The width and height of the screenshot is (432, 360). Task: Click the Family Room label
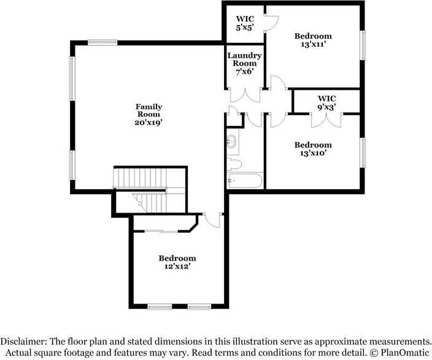coord(148,111)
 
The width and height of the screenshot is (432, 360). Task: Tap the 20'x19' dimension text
coord(148,122)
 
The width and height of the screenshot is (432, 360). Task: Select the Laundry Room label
coord(244,60)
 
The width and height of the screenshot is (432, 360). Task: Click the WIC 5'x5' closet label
coord(245,23)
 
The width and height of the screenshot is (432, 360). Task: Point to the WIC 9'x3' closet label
coord(326,103)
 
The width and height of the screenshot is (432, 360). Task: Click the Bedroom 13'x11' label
coord(313,40)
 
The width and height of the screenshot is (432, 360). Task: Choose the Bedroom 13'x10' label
coord(313,149)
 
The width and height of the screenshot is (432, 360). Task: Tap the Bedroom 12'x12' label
coord(177,262)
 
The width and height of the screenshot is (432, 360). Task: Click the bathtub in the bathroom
coord(245,181)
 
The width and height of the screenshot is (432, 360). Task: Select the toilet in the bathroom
coord(234,164)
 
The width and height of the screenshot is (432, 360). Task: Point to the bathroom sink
coord(231,142)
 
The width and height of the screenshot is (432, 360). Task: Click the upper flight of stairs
coord(141,178)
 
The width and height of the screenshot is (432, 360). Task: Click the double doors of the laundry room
coord(245,95)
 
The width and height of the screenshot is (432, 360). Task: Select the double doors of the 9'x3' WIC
coord(326,120)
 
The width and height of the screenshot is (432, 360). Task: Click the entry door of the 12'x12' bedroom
coord(212,220)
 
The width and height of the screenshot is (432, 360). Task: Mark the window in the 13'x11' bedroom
coord(363,45)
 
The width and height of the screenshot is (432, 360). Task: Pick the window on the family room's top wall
coord(102,42)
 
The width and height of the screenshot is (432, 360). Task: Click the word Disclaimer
coord(23,341)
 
